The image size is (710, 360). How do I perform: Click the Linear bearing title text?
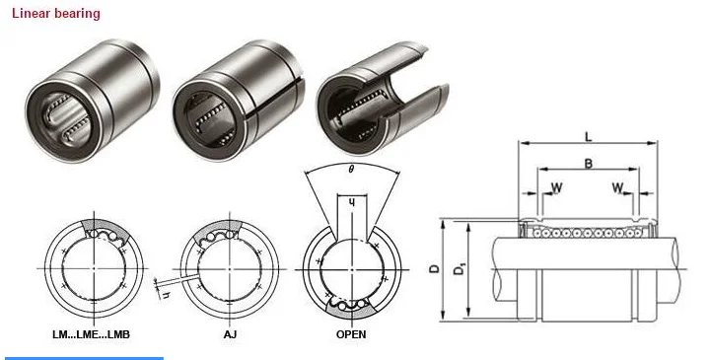(55, 14)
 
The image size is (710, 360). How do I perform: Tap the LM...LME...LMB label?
(91, 334)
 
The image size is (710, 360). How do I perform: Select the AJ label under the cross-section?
(230, 334)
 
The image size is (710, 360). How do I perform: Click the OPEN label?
(351, 334)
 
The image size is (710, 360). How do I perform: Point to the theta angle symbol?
(351, 170)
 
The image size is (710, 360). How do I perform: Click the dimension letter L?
(588, 136)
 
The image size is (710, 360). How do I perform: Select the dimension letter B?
(589, 164)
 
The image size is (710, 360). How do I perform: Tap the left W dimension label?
(556, 187)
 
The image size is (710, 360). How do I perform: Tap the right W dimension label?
(617, 187)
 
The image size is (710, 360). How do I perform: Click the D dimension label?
(434, 269)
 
